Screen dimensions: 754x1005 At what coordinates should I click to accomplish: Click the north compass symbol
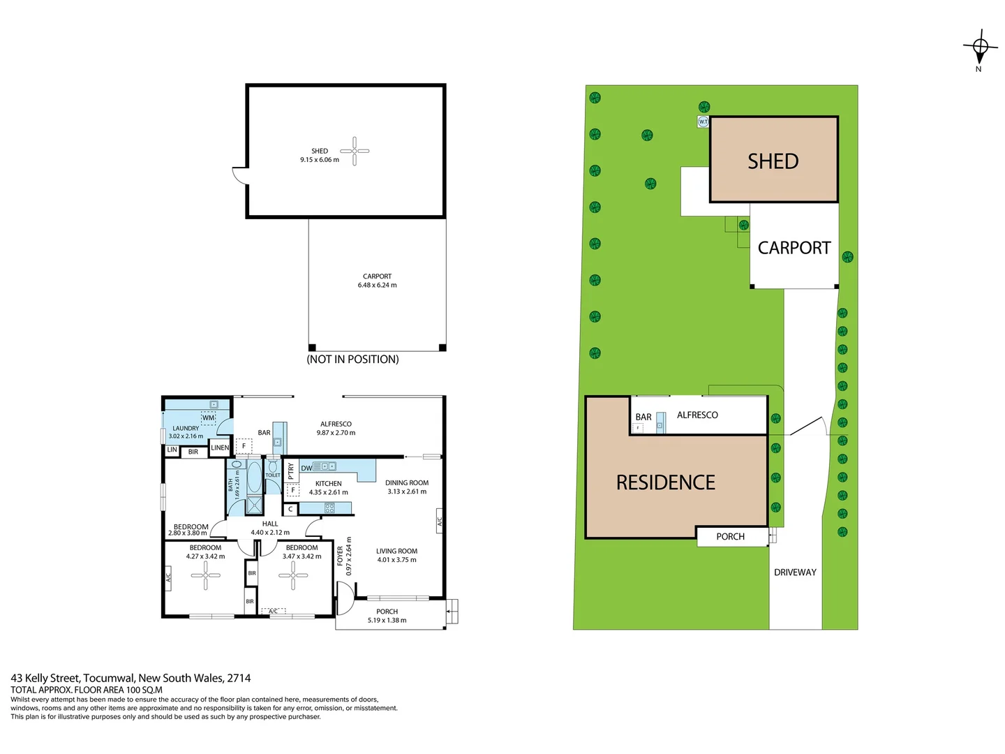980,47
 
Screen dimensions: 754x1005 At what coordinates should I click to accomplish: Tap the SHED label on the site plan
773,161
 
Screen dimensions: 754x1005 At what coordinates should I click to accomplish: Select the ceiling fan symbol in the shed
355,151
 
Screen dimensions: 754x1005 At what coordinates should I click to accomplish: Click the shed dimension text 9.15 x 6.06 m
320,160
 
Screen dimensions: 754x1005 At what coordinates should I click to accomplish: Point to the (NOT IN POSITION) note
352,360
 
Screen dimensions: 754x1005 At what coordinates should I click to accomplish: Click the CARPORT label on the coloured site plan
794,248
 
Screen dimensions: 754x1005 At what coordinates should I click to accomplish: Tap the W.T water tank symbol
703,122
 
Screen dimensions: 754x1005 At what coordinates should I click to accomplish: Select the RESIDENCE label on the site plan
665,482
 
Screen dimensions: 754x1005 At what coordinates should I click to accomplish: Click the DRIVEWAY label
795,572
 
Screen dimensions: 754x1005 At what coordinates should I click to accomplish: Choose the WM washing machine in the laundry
208,418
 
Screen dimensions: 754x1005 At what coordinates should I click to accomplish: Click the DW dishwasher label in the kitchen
306,468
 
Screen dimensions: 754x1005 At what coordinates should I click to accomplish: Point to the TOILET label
272,475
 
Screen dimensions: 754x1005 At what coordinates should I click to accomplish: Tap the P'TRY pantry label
291,471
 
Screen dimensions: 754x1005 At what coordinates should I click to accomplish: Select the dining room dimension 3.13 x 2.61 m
407,491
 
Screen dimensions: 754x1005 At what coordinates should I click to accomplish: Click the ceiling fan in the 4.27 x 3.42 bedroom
205,575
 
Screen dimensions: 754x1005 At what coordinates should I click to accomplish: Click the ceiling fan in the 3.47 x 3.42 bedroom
293,575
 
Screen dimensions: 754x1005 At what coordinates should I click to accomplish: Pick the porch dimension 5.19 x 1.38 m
387,620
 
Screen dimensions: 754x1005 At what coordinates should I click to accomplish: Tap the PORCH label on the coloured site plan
730,537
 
